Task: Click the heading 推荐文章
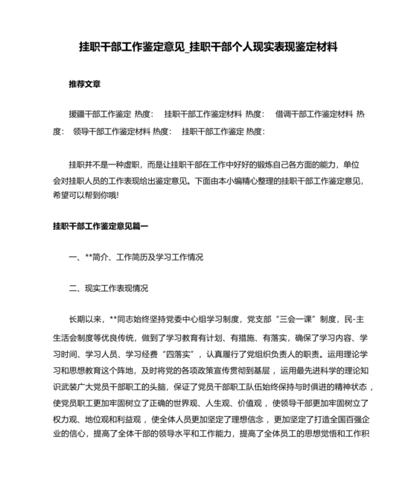pyautogui.click(x=85, y=84)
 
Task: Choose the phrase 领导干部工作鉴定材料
pyautogui.click(x=112, y=131)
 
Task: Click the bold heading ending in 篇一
pyautogui.click(x=101, y=226)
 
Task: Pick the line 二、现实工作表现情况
pyautogui.click(x=108, y=288)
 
